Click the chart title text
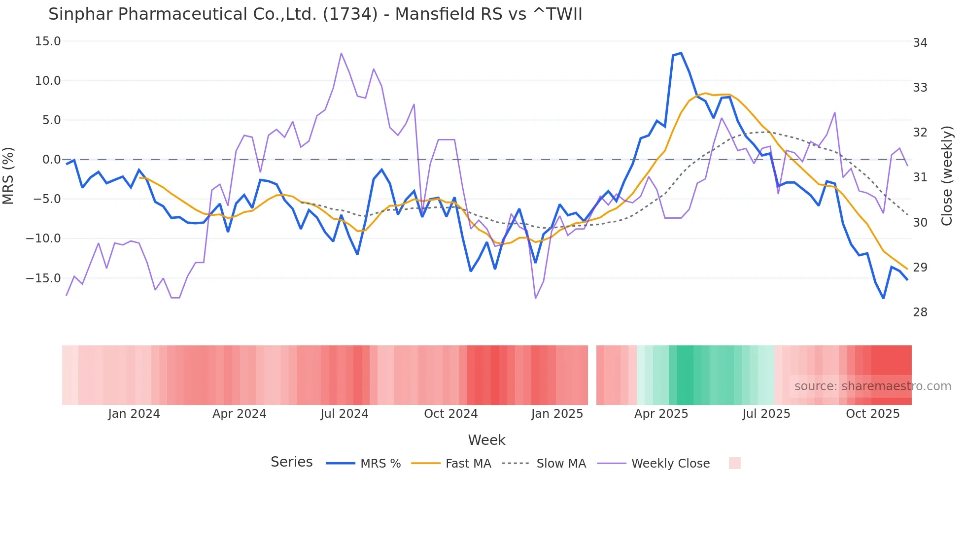[315, 14]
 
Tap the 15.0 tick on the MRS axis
[48, 41]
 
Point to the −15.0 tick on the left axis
[43, 278]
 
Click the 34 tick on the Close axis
[920, 43]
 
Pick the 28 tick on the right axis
[920, 312]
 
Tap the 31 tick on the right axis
[920, 177]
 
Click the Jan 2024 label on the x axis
[134, 414]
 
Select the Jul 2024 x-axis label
[344, 414]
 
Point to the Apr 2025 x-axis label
[661, 414]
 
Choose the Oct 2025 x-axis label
[872, 414]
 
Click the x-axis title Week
[486, 440]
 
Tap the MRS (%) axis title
[8, 175]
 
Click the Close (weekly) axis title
[947, 175]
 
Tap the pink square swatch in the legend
[734, 463]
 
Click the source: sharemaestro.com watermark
[872, 386]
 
